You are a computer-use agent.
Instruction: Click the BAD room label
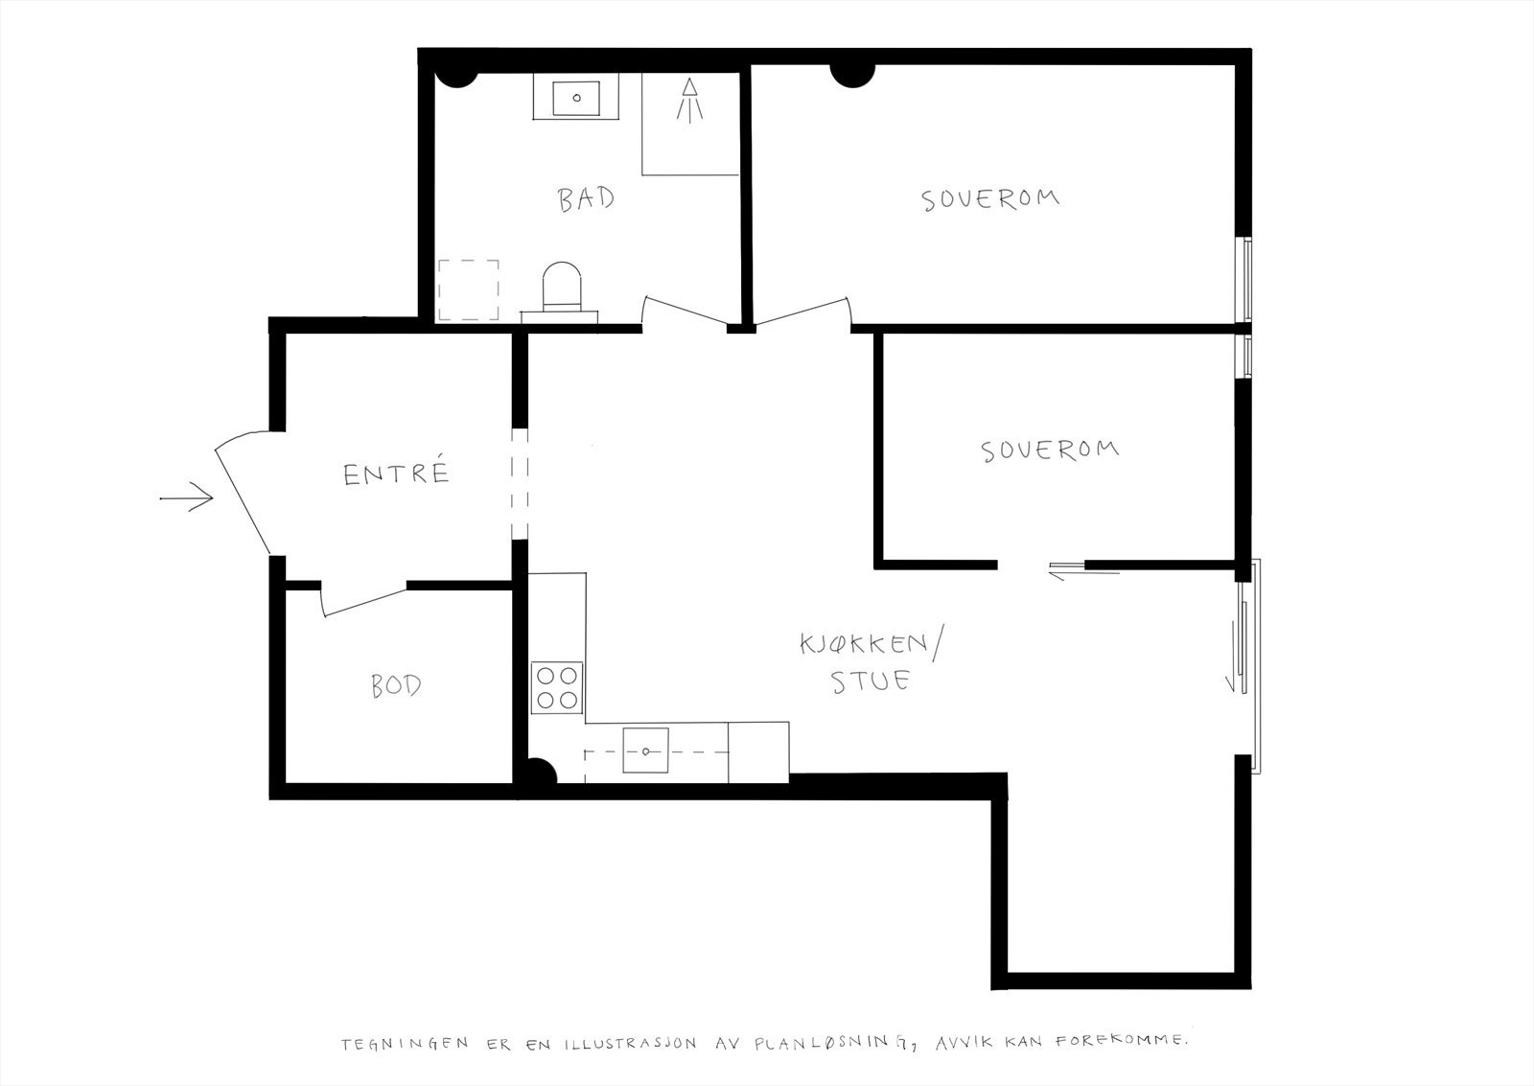[586, 199]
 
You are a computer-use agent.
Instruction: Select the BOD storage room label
[396, 685]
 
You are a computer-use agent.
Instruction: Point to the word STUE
[871, 681]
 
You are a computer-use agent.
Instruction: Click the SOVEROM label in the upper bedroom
[990, 199]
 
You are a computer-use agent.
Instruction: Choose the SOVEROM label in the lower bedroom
[1050, 450]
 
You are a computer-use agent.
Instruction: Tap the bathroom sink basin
[576, 98]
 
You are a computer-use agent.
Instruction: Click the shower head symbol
[689, 101]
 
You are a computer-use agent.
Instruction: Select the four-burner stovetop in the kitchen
[557, 687]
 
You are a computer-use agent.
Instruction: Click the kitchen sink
[646, 751]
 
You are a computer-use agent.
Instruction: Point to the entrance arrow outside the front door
[186, 497]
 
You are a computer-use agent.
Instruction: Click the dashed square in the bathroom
[469, 289]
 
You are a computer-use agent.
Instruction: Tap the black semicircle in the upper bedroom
[852, 76]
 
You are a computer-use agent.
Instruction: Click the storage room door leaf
[363, 602]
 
